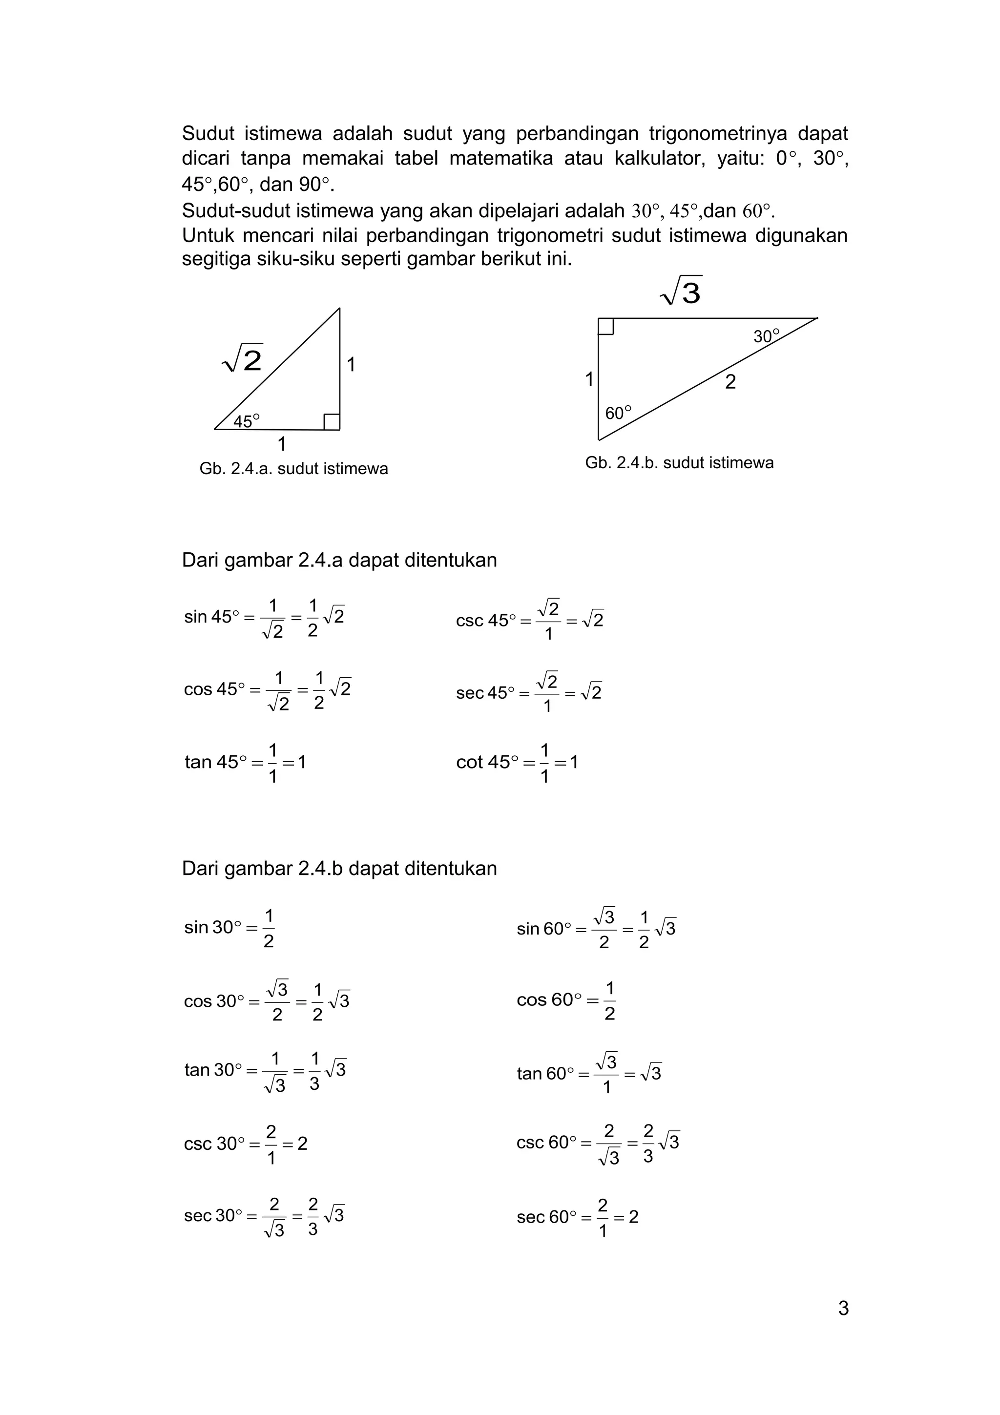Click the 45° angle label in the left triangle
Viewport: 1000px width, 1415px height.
click(x=247, y=421)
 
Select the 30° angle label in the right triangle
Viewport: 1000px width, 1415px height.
click(x=766, y=336)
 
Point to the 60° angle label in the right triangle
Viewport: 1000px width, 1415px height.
click(x=618, y=413)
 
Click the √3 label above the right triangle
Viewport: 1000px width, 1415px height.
click(x=682, y=291)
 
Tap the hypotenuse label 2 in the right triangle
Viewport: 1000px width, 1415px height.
click(x=730, y=382)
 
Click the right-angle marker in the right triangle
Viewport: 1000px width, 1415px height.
click(x=605, y=326)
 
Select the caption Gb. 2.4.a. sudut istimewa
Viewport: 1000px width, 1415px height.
click(x=293, y=469)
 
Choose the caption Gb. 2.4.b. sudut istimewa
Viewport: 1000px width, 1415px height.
click(x=679, y=463)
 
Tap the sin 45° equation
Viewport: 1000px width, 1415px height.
click(x=264, y=618)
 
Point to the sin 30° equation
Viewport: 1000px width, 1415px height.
click(x=229, y=928)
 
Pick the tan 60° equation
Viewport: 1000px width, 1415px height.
click(x=588, y=1073)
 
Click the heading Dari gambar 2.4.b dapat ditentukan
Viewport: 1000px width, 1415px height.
click(x=339, y=868)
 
